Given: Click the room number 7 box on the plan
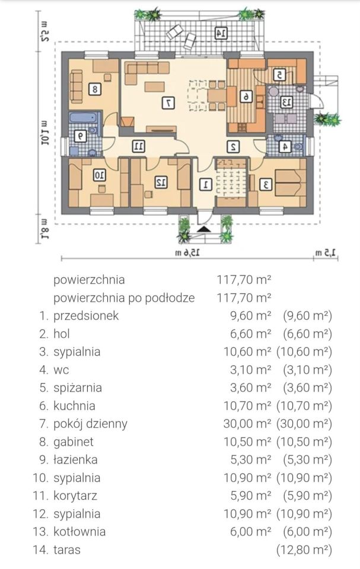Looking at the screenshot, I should click(x=170, y=103).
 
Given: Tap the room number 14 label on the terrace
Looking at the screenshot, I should click(x=220, y=33).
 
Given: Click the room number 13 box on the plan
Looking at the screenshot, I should click(x=286, y=103).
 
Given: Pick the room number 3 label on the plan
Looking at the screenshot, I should click(x=267, y=184).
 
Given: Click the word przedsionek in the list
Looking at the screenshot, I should click(x=86, y=315).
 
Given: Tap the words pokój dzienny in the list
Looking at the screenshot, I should click(x=90, y=424).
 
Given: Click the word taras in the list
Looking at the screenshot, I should click(x=67, y=549).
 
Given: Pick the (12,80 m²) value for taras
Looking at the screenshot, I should click(x=304, y=549).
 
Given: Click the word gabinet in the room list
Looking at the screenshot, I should click(x=74, y=442).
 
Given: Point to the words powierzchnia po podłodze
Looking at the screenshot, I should click(x=124, y=298).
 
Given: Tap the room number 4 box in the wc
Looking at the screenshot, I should click(x=285, y=146).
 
